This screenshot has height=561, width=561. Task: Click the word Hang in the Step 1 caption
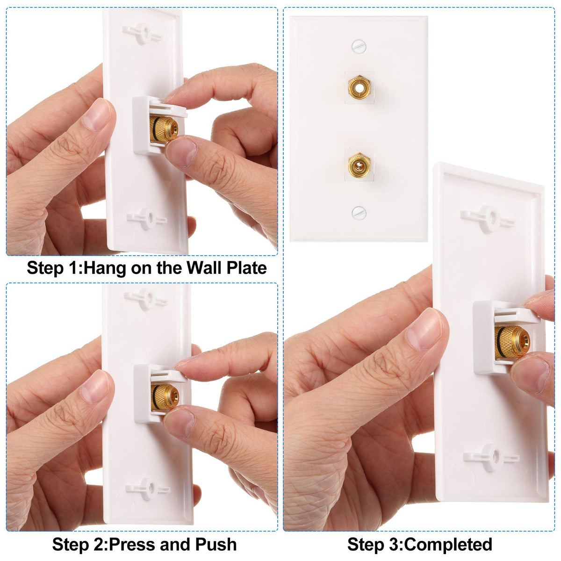coord(105,268)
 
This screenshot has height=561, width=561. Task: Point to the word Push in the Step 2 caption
coord(216,544)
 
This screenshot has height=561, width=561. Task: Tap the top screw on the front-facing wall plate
coord(359,47)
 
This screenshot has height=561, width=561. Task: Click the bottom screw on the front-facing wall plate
coord(359,213)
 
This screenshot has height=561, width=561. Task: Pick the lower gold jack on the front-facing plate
coord(359,165)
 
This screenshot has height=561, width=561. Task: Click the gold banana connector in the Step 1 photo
coord(164,129)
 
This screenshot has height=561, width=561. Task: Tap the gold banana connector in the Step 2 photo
coord(165,397)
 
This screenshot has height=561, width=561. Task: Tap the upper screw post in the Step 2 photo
coord(145,299)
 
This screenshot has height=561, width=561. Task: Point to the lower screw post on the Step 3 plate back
coord(491,457)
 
